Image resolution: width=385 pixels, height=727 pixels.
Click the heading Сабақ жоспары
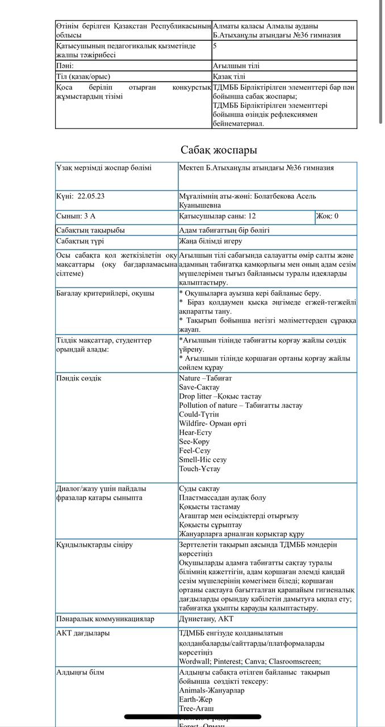tap(219, 150)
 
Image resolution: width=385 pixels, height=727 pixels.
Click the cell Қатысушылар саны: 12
tap(217, 216)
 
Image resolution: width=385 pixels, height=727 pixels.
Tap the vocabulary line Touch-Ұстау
tap(199, 469)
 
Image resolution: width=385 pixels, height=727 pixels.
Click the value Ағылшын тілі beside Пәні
tap(236, 66)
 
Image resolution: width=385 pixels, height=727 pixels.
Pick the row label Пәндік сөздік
tap(79, 378)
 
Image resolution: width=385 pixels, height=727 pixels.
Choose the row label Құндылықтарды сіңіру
tap(94, 545)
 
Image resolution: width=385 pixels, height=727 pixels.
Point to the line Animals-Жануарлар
tap(212, 691)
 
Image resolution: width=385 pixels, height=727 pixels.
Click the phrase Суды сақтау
tap(199, 489)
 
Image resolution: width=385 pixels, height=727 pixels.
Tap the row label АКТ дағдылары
tap(83, 633)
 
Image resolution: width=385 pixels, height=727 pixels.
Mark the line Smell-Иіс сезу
tap(203, 460)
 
